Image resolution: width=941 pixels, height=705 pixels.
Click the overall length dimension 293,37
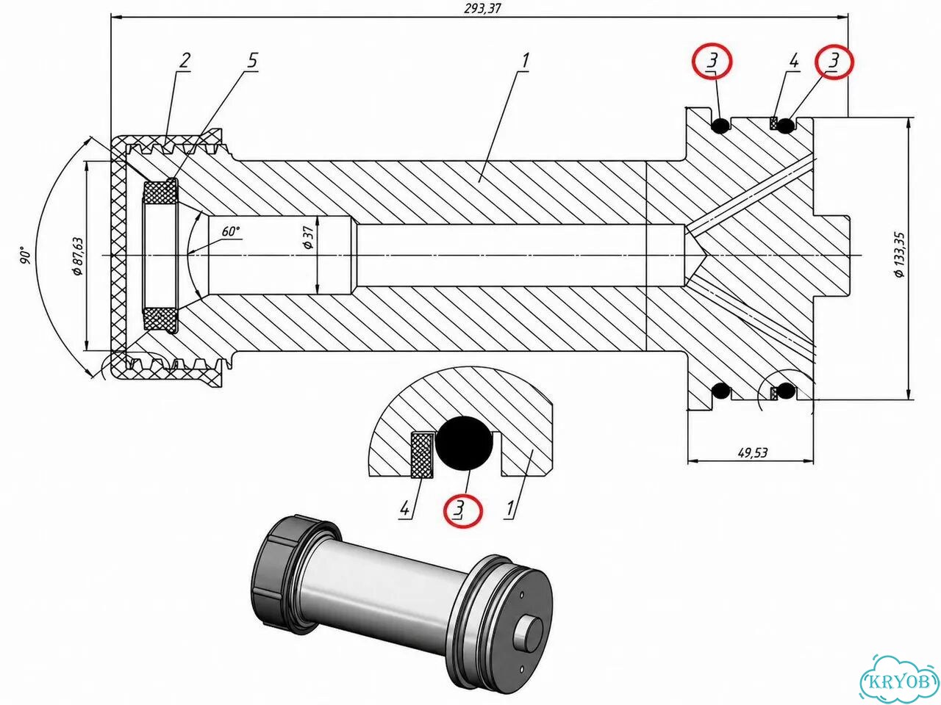pos(482,9)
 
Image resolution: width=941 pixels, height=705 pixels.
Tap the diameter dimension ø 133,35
pos(899,255)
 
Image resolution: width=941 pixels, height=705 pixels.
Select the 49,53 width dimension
pos(752,452)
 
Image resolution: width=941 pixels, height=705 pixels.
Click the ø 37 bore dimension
pos(308,237)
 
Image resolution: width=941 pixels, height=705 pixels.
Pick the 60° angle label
pos(231,231)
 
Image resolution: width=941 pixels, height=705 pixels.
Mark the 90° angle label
pos(25,255)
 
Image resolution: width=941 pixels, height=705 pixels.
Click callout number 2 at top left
pos(184,61)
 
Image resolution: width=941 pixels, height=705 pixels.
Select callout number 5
pos(253,61)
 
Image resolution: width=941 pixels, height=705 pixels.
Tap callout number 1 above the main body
pos(525,61)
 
